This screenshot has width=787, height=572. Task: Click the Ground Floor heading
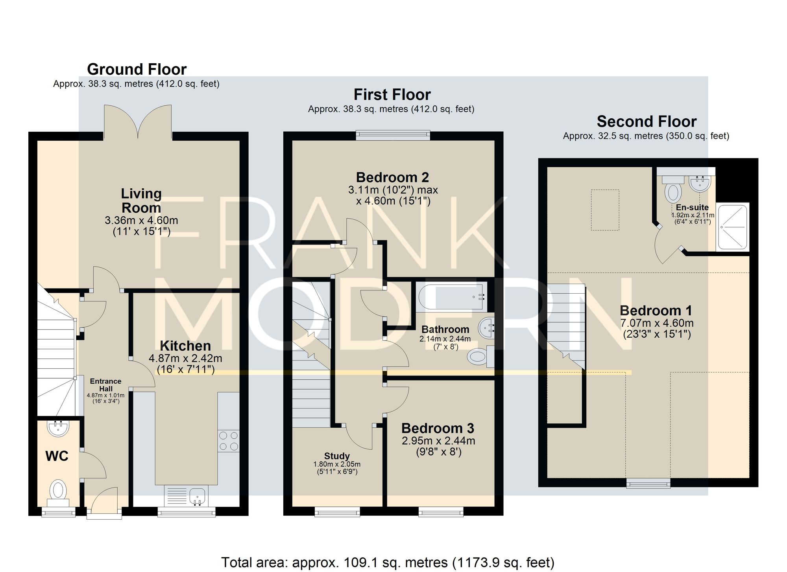[137, 69]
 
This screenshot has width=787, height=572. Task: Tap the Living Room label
[141, 200]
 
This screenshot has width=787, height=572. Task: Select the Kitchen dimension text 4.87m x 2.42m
[185, 358]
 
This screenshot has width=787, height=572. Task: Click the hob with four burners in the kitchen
[229, 441]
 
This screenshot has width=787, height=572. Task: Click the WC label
[57, 456]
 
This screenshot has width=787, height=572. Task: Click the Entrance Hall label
[105, 385]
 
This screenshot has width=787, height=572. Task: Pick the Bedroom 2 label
[392, 177]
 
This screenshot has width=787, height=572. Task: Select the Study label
[337, 456]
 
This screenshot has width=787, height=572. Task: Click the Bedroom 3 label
[438, 428]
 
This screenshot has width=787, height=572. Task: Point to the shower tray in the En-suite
[732, 226]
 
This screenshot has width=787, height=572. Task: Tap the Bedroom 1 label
[656, 311]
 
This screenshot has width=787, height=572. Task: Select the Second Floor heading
[647, 121]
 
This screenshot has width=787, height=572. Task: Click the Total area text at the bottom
[388, 563]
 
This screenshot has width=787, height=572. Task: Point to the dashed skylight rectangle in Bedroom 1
[605, 210]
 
